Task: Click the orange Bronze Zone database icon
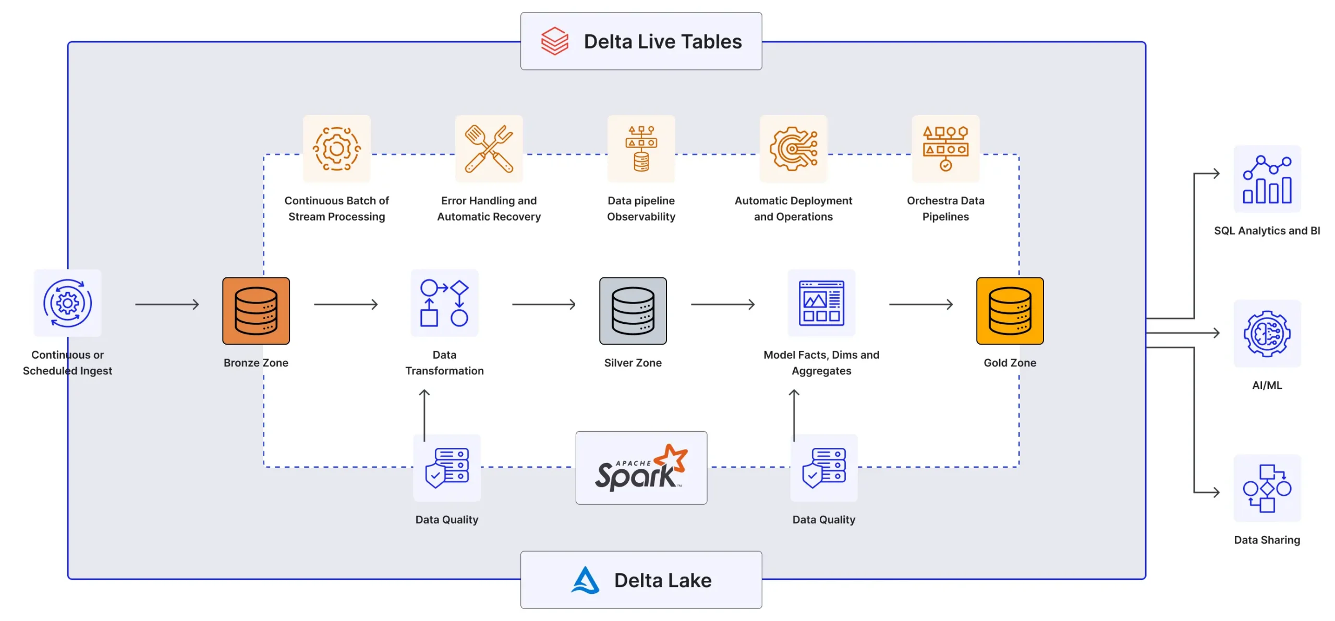(256, 311)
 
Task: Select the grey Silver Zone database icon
(633, 311)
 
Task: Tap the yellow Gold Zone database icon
(1010, 311)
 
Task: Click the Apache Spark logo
(641, 468)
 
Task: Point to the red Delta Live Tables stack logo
(554, 41)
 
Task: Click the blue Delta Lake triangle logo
(585, 580)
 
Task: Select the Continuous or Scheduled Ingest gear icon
(67, 303)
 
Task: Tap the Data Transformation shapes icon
(444, 303)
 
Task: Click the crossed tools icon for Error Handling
(489, 149)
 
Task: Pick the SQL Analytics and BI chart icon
(1267, 179)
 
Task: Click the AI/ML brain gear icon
(1267, 334)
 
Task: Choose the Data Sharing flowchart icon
(1267, 489)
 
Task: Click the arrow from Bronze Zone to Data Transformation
(346, 304)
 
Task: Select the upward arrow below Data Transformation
(424, 415)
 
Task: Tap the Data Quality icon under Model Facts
(823, 468)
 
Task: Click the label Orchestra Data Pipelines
(945, 209)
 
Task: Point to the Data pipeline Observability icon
(641, 149)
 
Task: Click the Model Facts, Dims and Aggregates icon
(821, 303)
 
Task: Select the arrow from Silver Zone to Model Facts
(723, 304)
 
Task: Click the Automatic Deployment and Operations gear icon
(793, 149)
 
